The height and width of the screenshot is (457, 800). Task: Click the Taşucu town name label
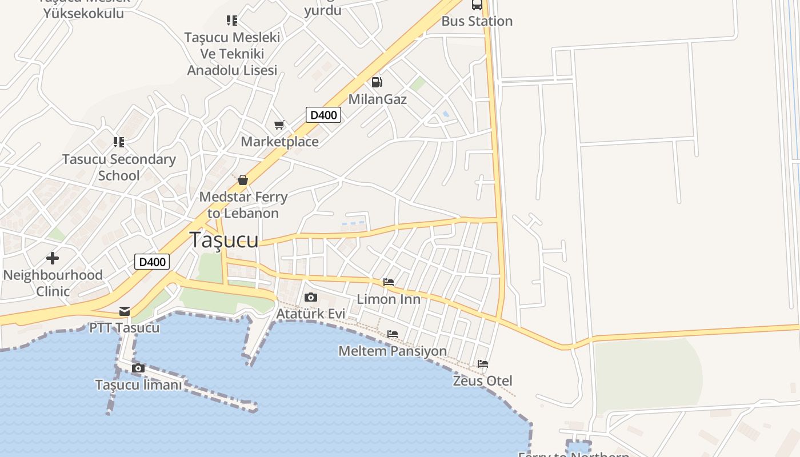[224, 240]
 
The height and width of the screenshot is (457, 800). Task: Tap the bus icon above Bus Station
[477, 5]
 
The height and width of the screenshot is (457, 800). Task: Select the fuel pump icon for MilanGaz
[377, 82]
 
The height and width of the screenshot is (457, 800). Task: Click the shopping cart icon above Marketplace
[279, 125]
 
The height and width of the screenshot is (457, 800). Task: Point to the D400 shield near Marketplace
[323, 115]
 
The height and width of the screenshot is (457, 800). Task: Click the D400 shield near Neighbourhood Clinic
[153, 262]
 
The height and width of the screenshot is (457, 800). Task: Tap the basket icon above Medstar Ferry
[243, 180]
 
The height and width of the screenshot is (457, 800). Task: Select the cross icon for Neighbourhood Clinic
[53, 258]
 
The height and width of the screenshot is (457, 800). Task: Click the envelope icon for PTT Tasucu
[125, 311]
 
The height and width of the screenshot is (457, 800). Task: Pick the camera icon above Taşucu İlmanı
[138, 368]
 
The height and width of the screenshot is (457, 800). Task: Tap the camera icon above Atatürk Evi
[311, 297]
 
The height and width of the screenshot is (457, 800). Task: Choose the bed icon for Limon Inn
[389, 282]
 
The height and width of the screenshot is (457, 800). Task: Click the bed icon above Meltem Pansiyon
[393, 334]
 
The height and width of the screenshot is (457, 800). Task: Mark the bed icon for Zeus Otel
[483, 364]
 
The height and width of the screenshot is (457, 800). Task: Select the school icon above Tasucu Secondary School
[119, 142]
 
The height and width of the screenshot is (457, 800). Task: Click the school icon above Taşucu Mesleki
[232, 21]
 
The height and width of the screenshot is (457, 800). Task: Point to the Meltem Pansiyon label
[393, 351]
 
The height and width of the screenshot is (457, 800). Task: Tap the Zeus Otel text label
[482, 380]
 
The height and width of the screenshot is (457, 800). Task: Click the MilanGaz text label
[377, 99]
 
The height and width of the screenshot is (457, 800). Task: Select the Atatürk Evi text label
[311, 314]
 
